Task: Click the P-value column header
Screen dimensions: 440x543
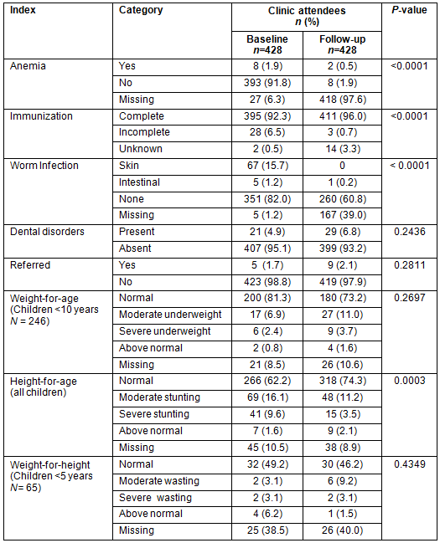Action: pos(409,10)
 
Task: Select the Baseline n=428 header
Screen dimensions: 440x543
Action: pos(267,44)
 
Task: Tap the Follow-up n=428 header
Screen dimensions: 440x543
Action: pos(342,44)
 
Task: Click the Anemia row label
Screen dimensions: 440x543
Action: pos(28,66)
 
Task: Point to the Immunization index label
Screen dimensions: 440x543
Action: pos(41,116)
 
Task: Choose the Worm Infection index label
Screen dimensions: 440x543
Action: pos(44,166)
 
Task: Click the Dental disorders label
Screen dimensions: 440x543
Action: pos(47,232)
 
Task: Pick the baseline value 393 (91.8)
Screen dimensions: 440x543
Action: pos(267,83)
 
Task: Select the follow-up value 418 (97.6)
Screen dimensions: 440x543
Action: pos(343,100)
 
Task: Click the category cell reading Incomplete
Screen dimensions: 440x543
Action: pos(144,132)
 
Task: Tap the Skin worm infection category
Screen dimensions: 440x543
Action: pos(129,166)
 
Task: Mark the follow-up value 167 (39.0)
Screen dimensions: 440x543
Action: pos(343,215)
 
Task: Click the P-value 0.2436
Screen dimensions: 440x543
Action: pos(410,232)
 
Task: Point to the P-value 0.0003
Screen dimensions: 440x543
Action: pos(410,381)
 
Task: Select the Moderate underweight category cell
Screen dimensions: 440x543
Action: pos(170,315)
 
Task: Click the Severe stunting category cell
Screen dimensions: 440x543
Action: pos(154,414)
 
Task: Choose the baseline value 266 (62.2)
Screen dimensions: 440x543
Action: pos(267,381)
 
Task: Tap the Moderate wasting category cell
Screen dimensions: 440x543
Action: pos(159,481)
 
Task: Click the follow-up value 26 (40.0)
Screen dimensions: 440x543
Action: pos(343,530)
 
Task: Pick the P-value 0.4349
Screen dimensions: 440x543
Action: pos(410,464)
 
